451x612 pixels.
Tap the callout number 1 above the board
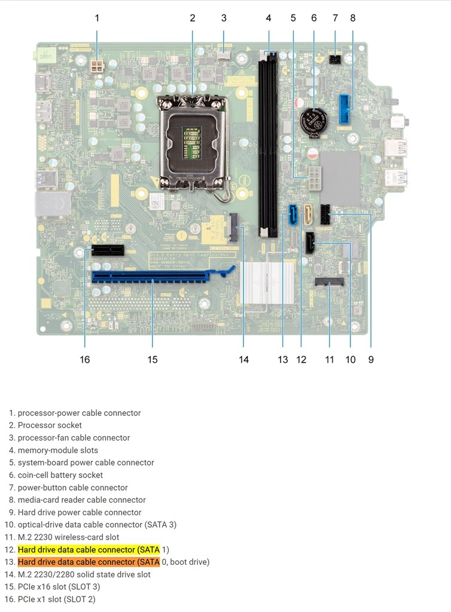(97, 18)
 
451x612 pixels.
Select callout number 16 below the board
(85, 359)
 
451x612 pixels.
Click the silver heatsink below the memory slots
(266, 281)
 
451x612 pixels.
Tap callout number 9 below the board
(371, 359)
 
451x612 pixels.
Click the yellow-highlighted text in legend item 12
(89, 549)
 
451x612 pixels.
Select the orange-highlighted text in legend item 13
(89, 562)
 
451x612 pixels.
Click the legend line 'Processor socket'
(50, 426)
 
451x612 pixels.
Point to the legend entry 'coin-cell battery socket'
(60, 475)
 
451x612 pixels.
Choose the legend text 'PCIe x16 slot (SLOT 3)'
(59, 586)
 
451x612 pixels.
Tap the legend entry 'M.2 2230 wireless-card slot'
(68, 537)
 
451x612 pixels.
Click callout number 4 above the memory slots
(269, 18)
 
